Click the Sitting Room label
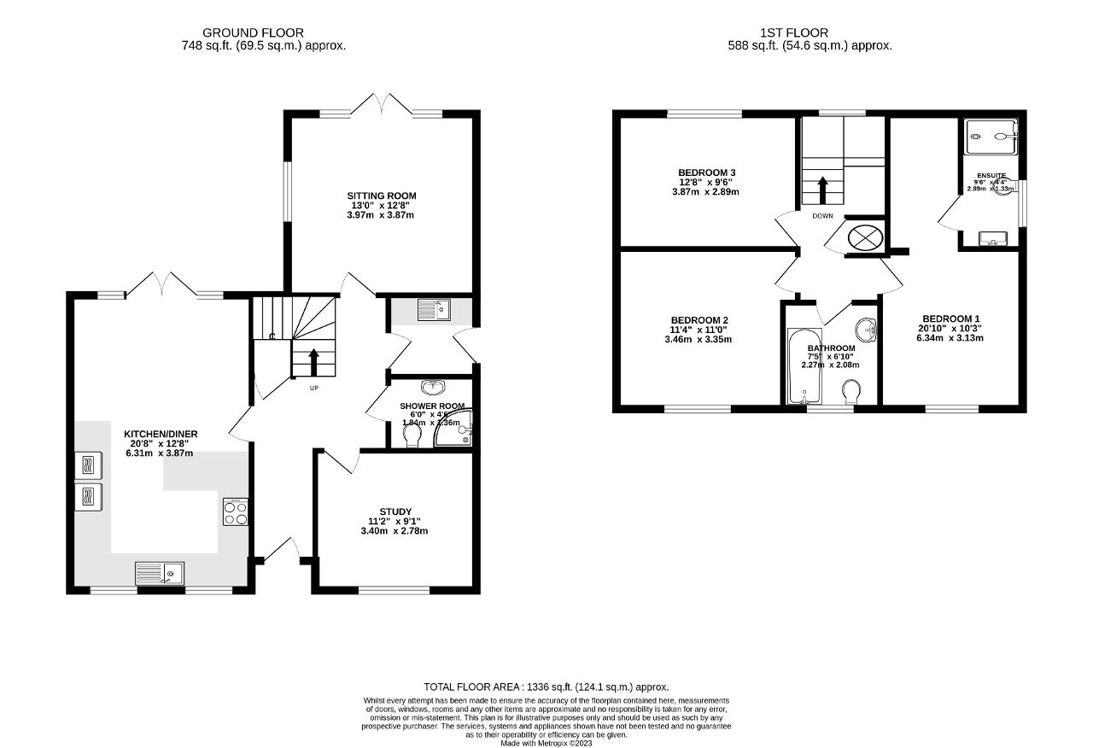[383, 196]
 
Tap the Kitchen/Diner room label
[161, 434]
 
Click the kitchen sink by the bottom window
[160, 572]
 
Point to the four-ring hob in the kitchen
[236, 511]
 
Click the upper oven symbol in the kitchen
[88, 465]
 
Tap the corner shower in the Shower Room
[454, 430]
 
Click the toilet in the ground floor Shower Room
[412, 436]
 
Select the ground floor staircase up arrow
[313, 361]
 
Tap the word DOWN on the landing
[822, 216]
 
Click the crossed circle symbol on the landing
[863, 237]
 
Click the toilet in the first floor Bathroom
[850, 393]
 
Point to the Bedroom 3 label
[707, 172]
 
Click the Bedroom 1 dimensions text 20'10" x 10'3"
[951, 328]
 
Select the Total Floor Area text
[546, 687]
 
